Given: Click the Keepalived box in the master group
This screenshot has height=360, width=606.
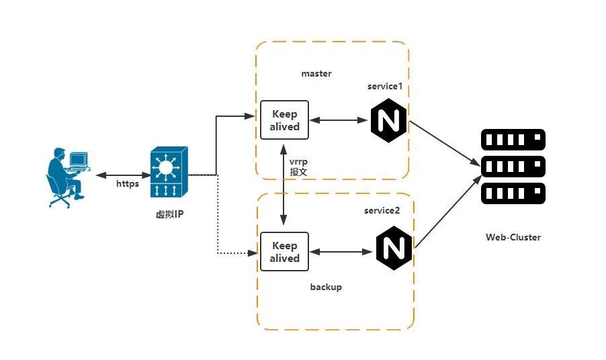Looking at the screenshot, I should [x=284, y=120].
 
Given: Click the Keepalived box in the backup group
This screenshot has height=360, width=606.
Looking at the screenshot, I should [x=284, y=252].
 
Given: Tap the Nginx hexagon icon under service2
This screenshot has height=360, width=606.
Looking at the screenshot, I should [x=394, y=247].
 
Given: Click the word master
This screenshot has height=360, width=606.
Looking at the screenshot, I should [x=316, y=73].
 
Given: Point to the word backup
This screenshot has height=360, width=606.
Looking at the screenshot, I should [x=326, y=287].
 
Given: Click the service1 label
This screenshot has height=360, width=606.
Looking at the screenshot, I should [x=385, y=87].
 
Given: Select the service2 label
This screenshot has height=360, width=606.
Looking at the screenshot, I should [x=382, y=210].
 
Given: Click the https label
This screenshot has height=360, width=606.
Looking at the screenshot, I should [x=127, y=183].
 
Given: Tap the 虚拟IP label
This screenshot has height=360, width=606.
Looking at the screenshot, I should [x=169, y=214].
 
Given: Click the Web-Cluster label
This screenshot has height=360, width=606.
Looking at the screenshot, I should [x=513, y=237].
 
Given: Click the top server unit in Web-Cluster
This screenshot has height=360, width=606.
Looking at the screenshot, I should [x=513, y=140].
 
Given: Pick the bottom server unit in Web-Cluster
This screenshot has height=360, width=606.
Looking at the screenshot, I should [x=513, y=194].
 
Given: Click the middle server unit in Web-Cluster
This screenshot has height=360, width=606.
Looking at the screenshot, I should [x=513, y=167].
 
